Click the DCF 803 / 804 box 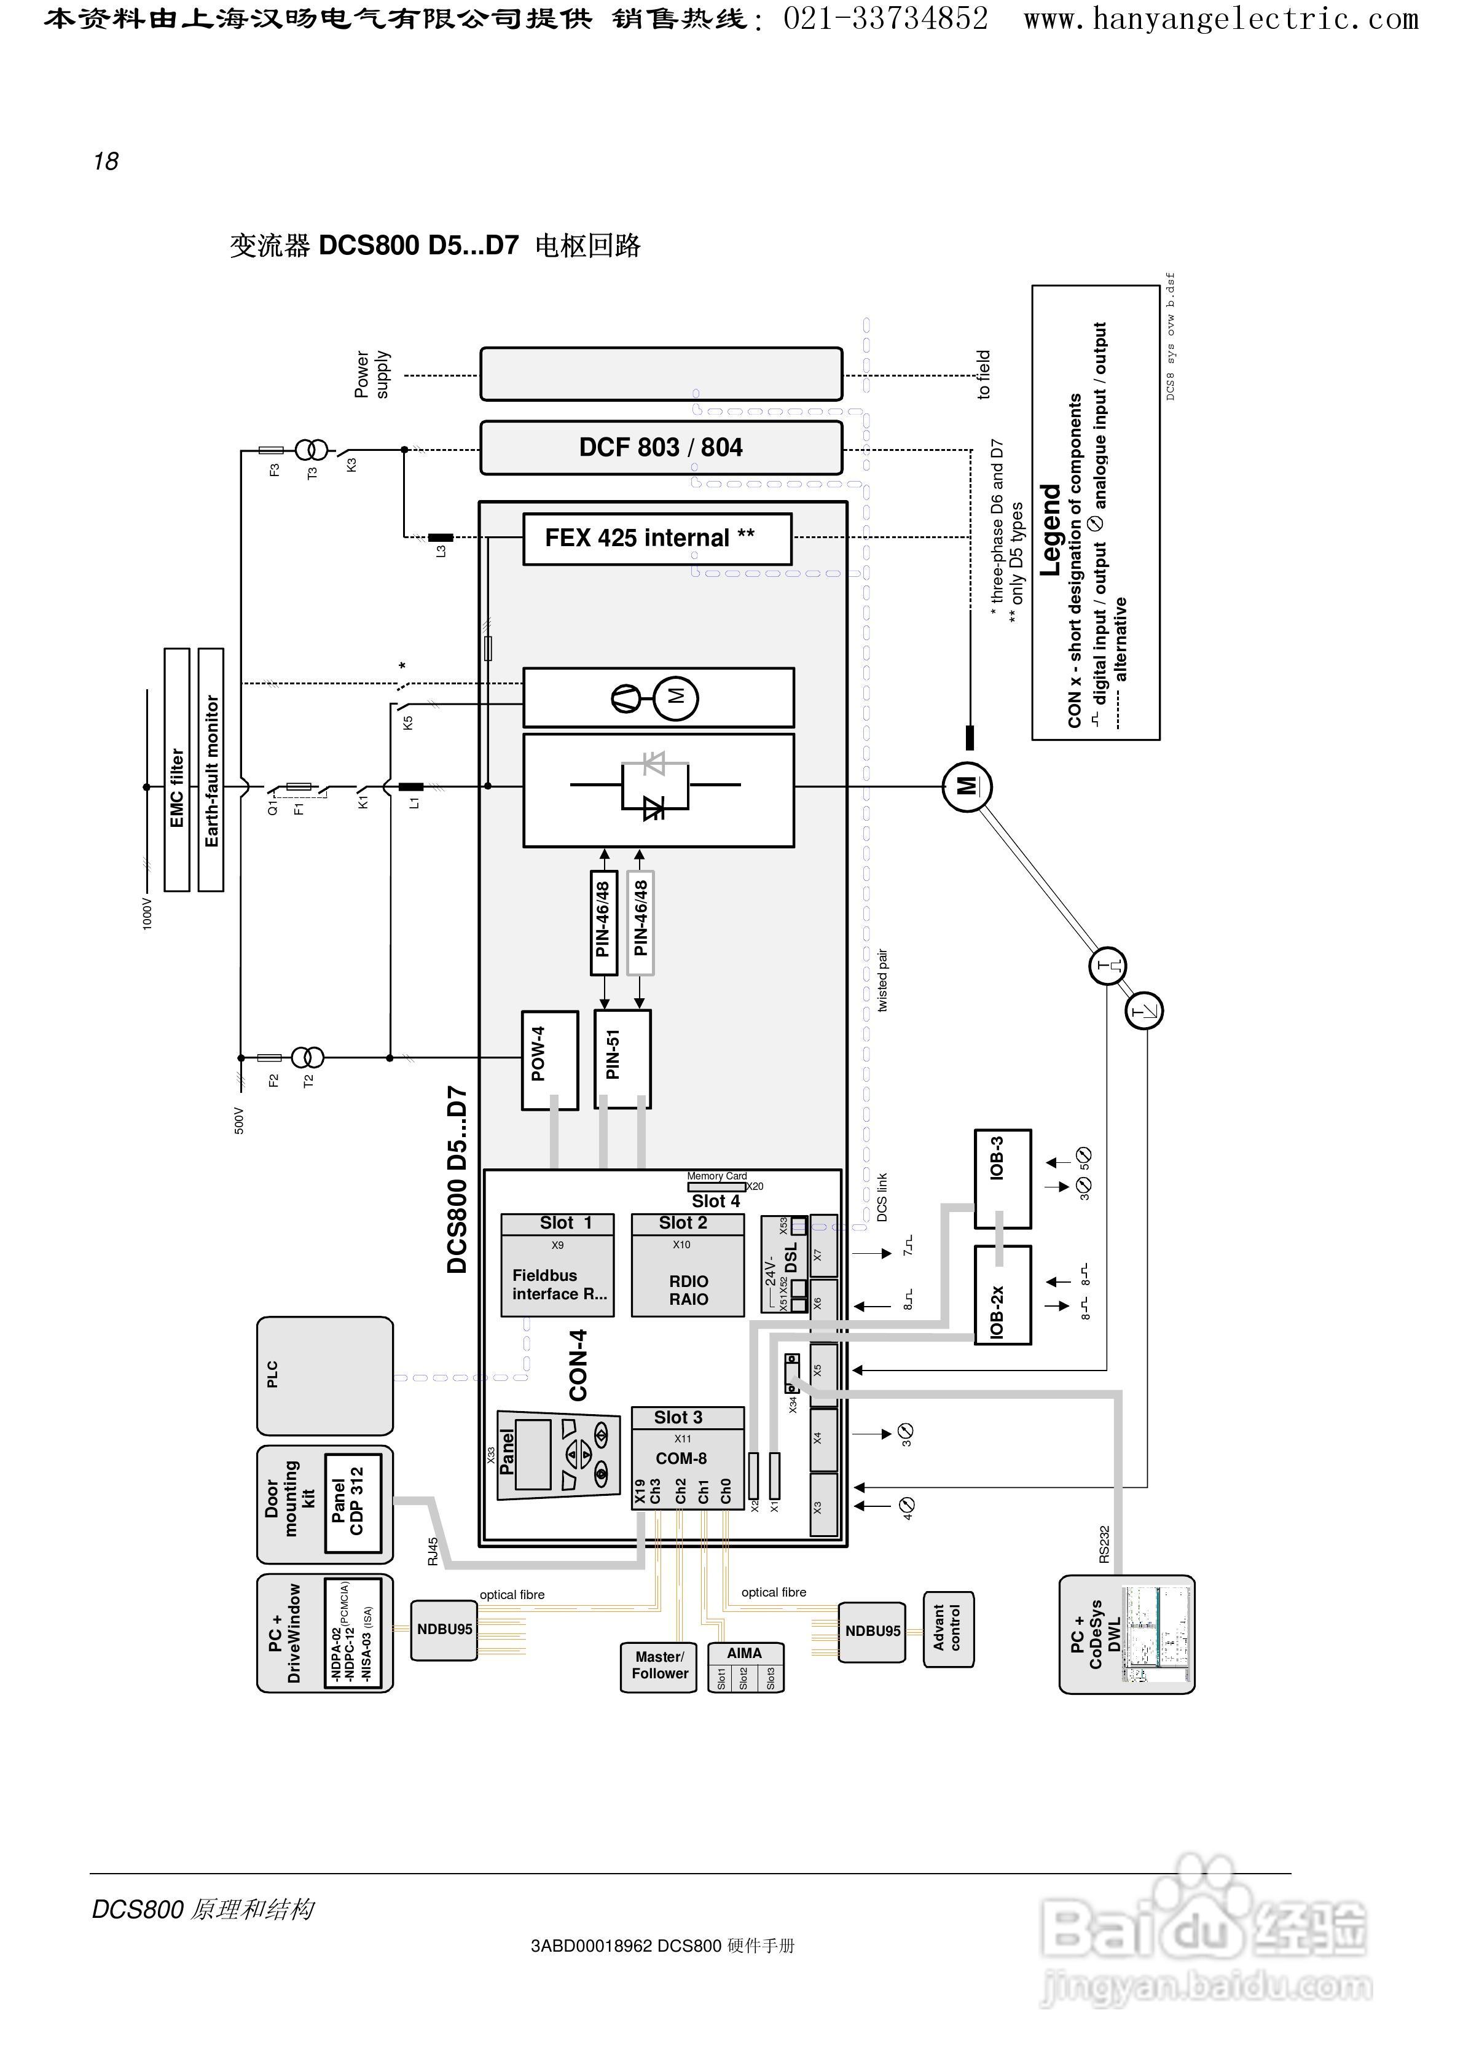point(661,447)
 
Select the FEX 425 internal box point(657,539)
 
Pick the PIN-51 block point(622,1059)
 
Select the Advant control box point(948,1629)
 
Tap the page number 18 point(106,162)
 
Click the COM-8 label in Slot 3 point(681,1458)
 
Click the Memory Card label point(716,1176)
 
